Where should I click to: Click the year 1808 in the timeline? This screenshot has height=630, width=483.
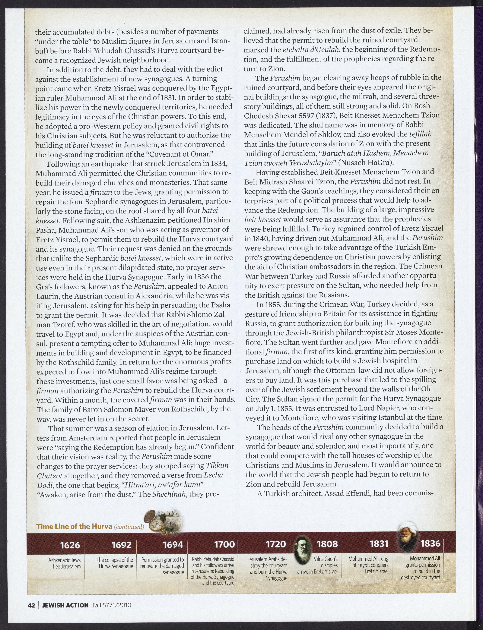327,544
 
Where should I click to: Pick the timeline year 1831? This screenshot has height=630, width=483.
379,544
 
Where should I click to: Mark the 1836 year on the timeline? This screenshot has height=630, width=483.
430,543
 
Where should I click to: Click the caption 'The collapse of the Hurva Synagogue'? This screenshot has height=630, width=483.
115,563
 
